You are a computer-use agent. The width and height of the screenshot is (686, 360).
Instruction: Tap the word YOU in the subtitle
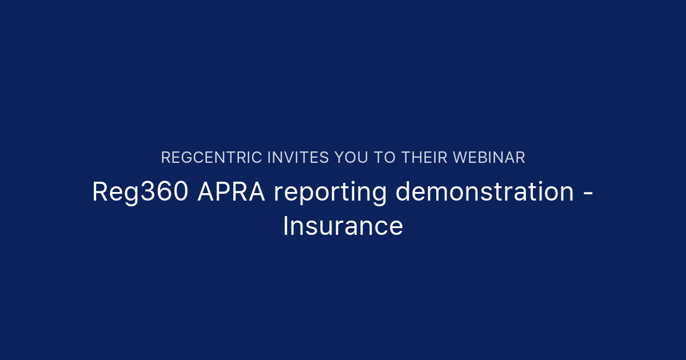(x=354, y=158)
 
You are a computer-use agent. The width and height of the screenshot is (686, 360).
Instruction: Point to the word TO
(x=389, y=158)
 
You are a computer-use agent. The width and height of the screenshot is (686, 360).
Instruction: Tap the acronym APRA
(x=231, y=192)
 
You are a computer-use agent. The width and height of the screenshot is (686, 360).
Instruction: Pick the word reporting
(x=330, y=193)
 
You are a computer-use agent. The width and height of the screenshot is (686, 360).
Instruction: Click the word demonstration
(x=485, y=192)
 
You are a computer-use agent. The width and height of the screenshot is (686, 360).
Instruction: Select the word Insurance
(x=343, y=226)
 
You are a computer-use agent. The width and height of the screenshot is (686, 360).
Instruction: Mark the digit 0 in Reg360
(x=180, y=192)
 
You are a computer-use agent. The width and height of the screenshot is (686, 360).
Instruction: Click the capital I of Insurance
(x=286, y=226)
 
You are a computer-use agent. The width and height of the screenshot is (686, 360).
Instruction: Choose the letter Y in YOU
(x=341, y=158)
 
